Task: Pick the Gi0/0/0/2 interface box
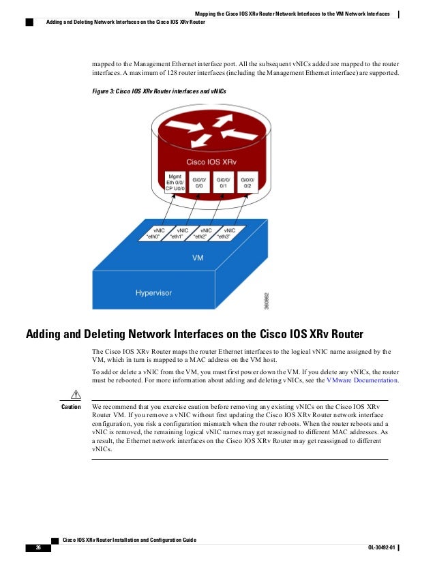[x=248, y=181]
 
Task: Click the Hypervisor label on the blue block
[x=154, y=293]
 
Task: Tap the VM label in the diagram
[x=197, y=259]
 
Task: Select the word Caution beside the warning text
[x=72, y=407]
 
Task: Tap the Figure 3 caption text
[x=159, y=90]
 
